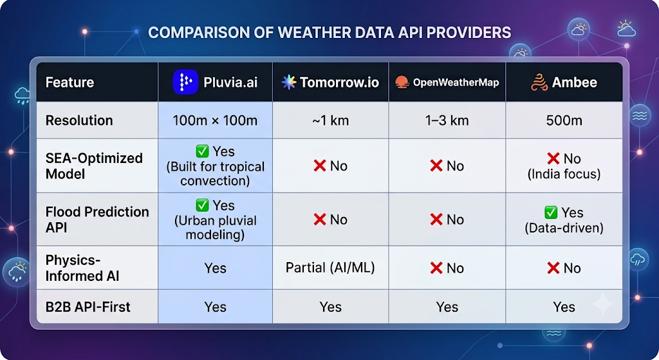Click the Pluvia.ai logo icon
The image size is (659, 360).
(185, 82)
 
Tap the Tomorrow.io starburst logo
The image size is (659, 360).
(289, 82)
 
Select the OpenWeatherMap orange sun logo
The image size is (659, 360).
(402, 82)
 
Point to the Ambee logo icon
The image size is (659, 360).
(539, 82)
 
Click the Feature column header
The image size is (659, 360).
(70, 82)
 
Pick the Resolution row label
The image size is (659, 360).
(79, 120)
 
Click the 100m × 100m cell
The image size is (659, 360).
(215, 120)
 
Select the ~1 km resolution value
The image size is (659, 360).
(330, 120)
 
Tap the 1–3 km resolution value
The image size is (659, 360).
(447, 120)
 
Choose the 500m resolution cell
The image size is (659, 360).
(564, 120)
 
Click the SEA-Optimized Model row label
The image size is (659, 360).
(94, 166)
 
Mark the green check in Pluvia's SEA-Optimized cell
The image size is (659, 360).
(202, 151)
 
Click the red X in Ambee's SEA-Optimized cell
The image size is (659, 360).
(553, 158)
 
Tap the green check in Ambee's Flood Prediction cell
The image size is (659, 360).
(551, 213)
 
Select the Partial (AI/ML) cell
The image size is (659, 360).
(330, 268)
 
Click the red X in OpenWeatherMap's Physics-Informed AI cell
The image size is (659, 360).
(436, 268)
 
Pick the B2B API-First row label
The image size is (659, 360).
(88, 307)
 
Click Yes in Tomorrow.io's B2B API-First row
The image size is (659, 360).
(330, 307)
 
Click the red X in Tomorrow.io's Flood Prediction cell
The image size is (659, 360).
(320, 220)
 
